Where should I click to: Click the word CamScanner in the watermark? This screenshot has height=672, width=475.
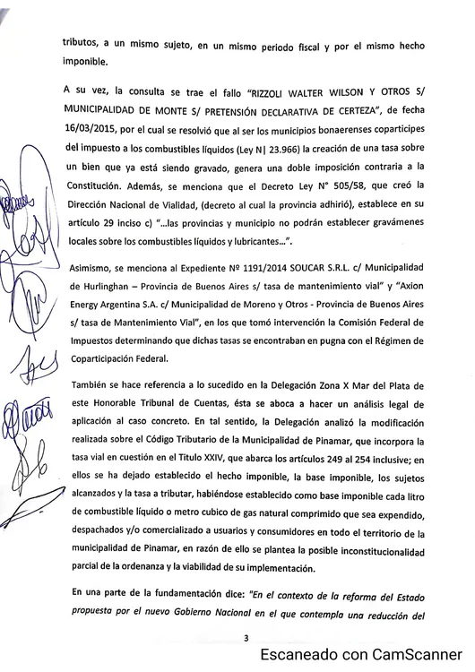click(x=407, y=655)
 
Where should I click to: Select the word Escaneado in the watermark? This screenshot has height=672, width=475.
click(x=298, y=655)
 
